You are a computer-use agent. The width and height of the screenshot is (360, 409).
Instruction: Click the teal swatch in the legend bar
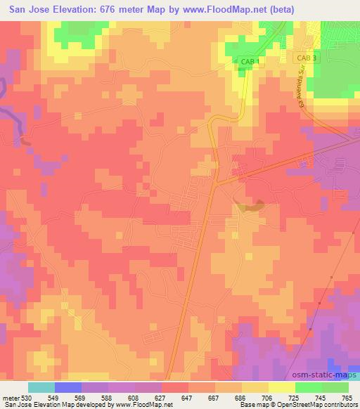(x=41, y=387)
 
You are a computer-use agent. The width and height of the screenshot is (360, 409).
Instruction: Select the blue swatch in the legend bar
(x=68, y=387)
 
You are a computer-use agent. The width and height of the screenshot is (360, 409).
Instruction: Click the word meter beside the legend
(x=9, y=397)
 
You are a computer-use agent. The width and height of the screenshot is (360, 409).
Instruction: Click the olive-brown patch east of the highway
(x=250, y=206)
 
